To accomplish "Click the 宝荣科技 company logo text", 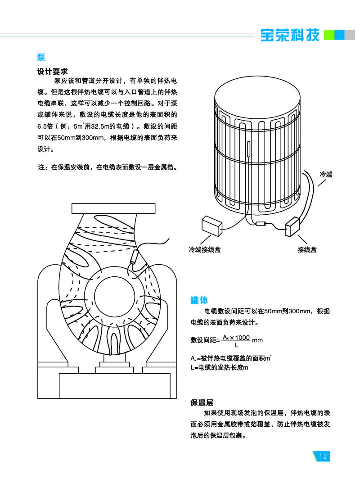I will [290, 35].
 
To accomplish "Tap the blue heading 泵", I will [41, 58].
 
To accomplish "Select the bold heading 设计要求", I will [52, 71].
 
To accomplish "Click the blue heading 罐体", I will [199, 300].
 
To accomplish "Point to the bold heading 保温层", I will [202, 402].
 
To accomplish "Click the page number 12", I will [323, 456].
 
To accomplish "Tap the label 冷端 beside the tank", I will [325, 174].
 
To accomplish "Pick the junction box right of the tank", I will [296, 227].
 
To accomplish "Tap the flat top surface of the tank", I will [256, 97].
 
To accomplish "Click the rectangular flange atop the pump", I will [113, 208].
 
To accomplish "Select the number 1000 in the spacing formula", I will [243, 338].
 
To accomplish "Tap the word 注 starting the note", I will [41, 167].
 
